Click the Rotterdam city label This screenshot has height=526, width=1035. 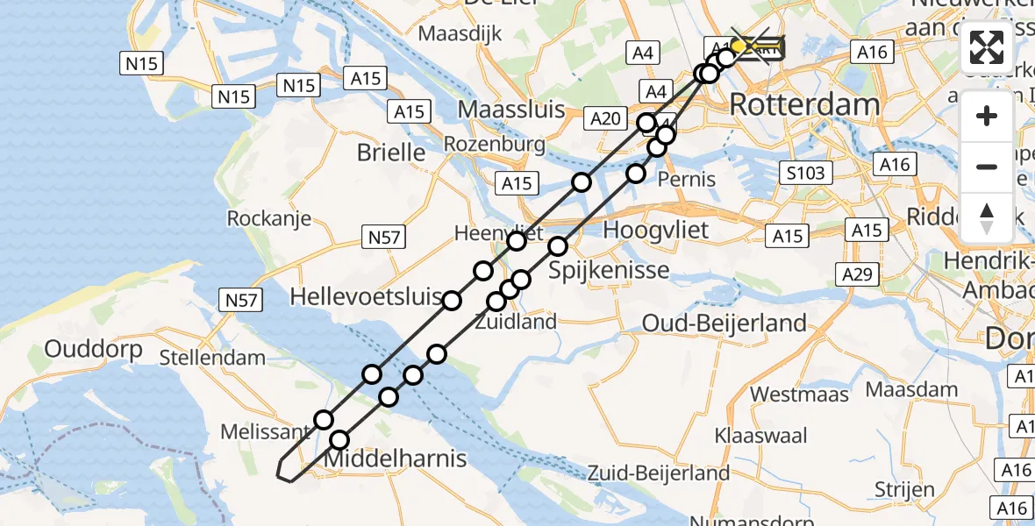pyautogui.click(x=803, y=105)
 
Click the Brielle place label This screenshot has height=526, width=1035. pyautogui.click(x=391, y=153)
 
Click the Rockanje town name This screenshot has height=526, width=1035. pyautogui.click(x=269, y=218)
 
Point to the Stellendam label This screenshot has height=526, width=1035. pyautogui.click(x=213, y=357)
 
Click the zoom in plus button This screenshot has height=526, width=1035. pyautogui.click(x=987, y=116)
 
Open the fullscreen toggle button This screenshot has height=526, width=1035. pyautogui.click(x=987, y=47)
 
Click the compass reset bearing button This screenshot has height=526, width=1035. pyautogui.click(x=987, y=218)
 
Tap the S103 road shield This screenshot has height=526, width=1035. pyautogui.click(x=805, y=173)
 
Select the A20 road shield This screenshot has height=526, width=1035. pyautogui.click(x=605, y=119)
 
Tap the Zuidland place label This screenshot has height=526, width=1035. pyautogui.click(x=516, y=322)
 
